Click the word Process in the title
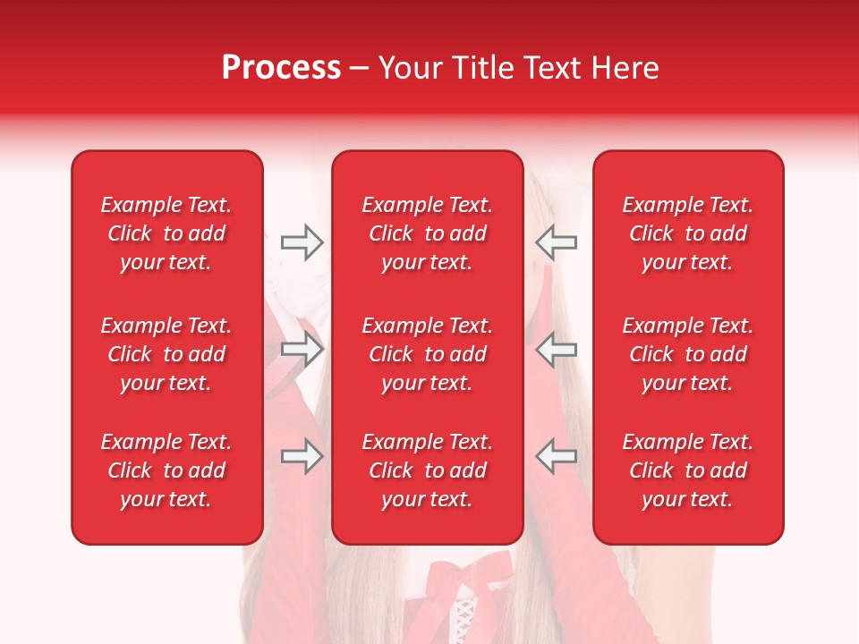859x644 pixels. tap(281, 68)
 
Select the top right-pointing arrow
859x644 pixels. tap(302, 242)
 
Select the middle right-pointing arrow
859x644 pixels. tap(302, 350)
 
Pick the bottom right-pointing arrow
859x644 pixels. tap(302, 456)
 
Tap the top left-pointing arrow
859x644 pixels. tap(556, 242)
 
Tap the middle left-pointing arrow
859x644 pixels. tap(556, 350)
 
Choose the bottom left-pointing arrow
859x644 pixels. tap(556, 456)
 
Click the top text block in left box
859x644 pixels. tap(166, 233)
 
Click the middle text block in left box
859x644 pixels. tap(166, 354)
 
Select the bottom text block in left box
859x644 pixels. tap(166, 470)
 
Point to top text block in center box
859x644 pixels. tap(427, 233)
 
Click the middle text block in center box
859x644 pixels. tap(427, 354)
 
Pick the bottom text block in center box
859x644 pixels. tap(427, 470)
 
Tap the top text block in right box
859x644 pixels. tap(687, 233)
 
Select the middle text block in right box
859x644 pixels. tap(687, 354)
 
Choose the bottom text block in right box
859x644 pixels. tap(687, 470)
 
